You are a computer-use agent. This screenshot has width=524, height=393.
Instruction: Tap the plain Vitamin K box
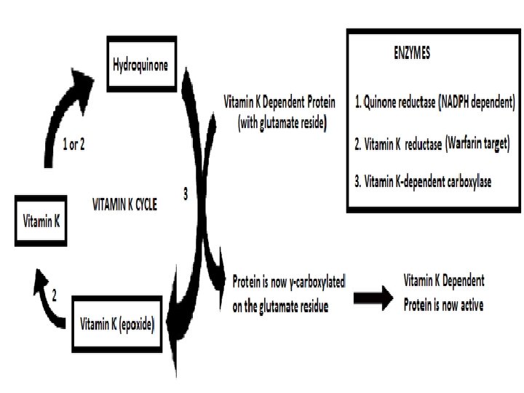click(41, 220)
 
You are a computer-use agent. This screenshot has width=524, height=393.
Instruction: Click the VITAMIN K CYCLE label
click(124, 205)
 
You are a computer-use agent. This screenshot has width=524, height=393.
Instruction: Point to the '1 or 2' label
click(74, 144)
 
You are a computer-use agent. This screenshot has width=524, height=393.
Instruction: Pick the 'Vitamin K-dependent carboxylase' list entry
click(429, 182)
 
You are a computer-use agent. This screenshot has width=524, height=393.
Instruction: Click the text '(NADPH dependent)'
click(477, 103)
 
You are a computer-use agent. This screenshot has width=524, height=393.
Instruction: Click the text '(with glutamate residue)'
click(282, 124)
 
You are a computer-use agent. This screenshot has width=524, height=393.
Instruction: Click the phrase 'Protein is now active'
click(443, 305)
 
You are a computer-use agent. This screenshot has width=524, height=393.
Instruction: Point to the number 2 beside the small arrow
click(53, 295)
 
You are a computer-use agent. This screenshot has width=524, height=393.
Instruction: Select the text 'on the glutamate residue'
click(280, 307)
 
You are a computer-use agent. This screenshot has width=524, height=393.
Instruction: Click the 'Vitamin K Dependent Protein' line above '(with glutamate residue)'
click(279, 103)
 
